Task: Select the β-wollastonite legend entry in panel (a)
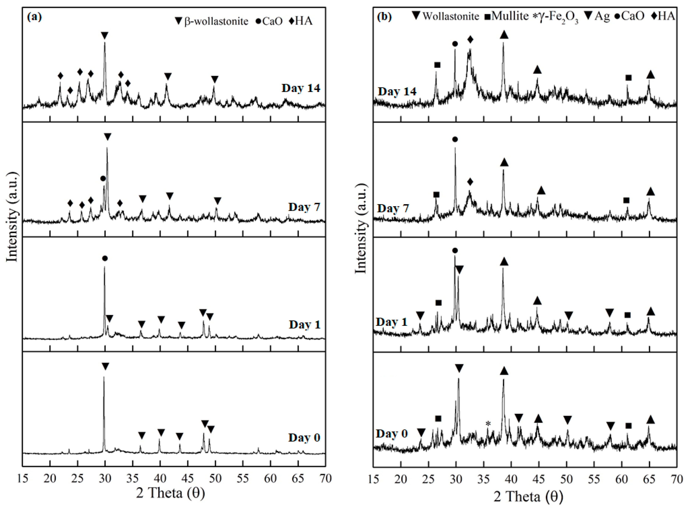212,21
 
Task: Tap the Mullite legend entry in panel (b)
506,16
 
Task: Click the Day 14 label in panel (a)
301,88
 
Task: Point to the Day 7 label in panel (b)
393,209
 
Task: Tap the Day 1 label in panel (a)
305,324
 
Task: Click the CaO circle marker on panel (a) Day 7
103,178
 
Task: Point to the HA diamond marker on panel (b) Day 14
470,39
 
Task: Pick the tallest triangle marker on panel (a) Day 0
105,367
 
